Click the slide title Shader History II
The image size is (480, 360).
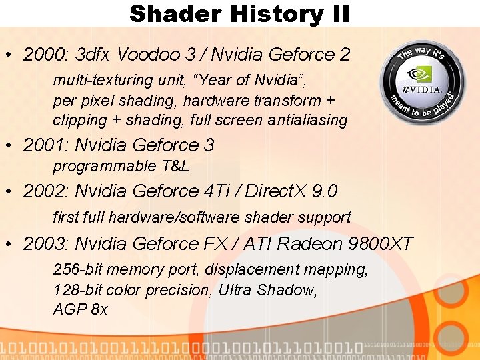(239, 13)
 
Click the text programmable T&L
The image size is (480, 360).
(121, 166)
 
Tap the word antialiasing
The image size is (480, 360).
(307, 121)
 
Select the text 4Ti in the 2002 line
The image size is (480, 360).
(213, 192)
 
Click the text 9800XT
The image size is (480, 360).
(381, 244)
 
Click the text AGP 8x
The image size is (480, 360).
(80, 310)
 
